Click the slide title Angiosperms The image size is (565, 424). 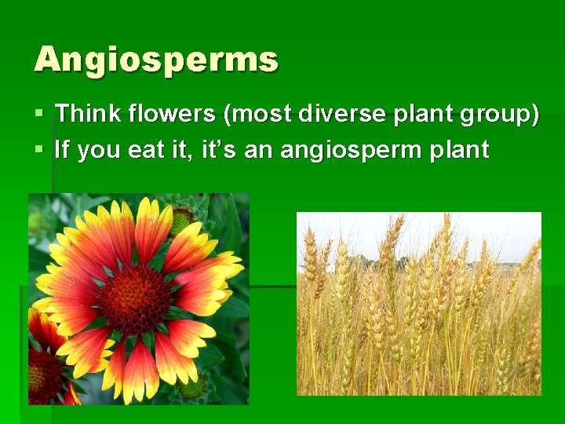[x=155, y=60]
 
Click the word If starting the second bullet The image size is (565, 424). [x=62, y=148]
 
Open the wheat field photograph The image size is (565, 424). [x=418, y=314]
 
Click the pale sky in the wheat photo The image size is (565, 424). [x=471, y=232]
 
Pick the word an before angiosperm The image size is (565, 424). [x=258, y=150]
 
